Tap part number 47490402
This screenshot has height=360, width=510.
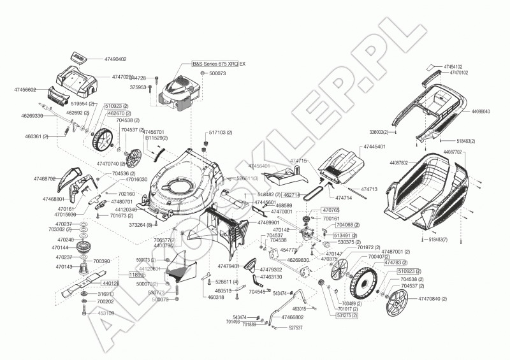(112, 59)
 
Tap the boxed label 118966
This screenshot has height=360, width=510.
(137, 275)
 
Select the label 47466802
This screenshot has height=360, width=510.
(293, 317)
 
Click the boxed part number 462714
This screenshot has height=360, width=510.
(291, 194)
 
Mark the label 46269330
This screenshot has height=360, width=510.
(33, 116)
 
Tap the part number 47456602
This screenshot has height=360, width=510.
(26, 90)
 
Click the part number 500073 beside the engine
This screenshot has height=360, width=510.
(217, 74)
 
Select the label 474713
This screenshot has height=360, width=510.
(369, 189)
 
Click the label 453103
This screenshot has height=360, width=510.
(106, 313)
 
